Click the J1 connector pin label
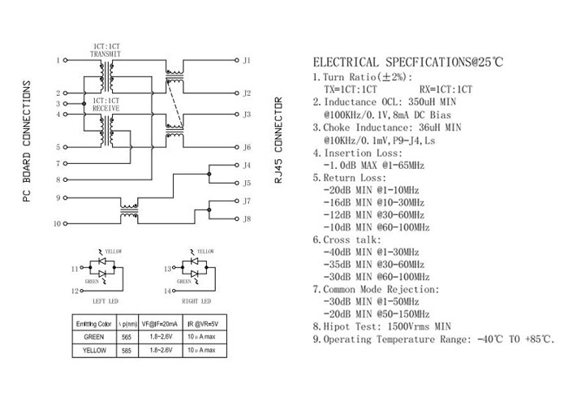(247, 61)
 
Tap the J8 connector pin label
(247, 219)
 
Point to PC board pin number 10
(57, 222)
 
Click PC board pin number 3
(58, 103)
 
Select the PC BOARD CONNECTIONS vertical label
(26, 141)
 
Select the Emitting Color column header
(93, 324)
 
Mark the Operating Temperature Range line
(434, 339)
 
